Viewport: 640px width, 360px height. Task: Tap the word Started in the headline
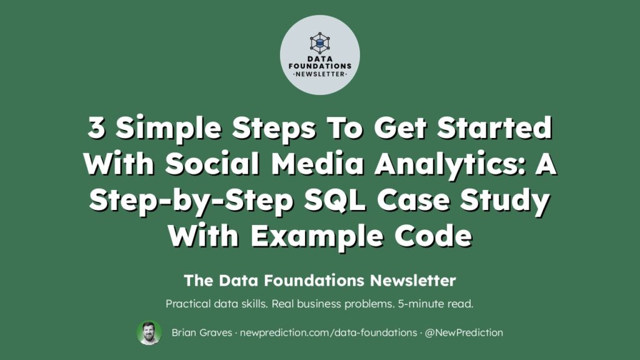pos(494,127)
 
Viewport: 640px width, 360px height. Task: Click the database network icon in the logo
pos(319,43)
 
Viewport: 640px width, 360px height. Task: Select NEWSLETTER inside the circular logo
pos(320,74)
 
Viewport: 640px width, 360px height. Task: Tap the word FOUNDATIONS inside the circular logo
pos(320,66)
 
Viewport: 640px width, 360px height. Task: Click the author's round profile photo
pos(149,332)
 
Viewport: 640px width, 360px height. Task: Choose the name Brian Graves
pos(202,332)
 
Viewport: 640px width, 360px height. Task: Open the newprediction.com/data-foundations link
pos(329,332)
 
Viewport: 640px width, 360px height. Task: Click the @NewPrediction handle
pos(464,332)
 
